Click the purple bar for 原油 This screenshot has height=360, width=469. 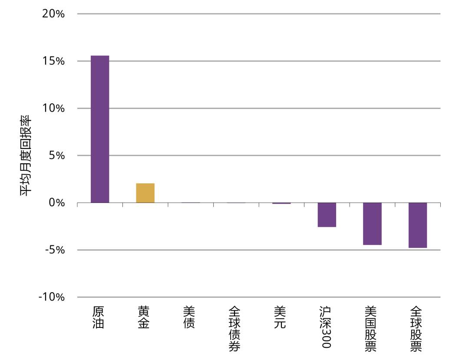click(x=100, y=129)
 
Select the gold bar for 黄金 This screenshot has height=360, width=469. click(x=145, y=193)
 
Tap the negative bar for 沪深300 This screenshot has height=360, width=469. click(x=327, y=215)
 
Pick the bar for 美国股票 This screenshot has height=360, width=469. click(x=373, y=224)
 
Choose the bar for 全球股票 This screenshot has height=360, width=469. click(x=418, y=225)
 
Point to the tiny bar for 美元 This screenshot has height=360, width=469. click(x=281, y=203)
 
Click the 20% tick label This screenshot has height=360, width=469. click(x=53, y=14)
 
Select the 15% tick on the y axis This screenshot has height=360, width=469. click(x=53, y=61)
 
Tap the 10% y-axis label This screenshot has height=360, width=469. click(x=53, y=108)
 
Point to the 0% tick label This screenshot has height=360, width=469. click(x=57, y=203)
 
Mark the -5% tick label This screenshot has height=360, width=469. click(x=55, y=250)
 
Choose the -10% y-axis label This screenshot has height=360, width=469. click(x=52, y=297)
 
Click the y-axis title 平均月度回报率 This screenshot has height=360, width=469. click(x=26, y=156)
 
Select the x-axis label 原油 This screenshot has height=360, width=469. click(x=98, y=317)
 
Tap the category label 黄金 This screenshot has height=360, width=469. click(x=144, y=317)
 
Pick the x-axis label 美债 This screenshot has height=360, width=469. click(x=189, y=317)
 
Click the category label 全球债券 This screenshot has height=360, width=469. click(x=234, y=329)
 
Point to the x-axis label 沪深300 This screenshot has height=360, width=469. click(x=325, y=327)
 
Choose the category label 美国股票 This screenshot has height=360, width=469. click(x=370, y=329)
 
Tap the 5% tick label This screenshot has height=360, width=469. click(x=57, y=155)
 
